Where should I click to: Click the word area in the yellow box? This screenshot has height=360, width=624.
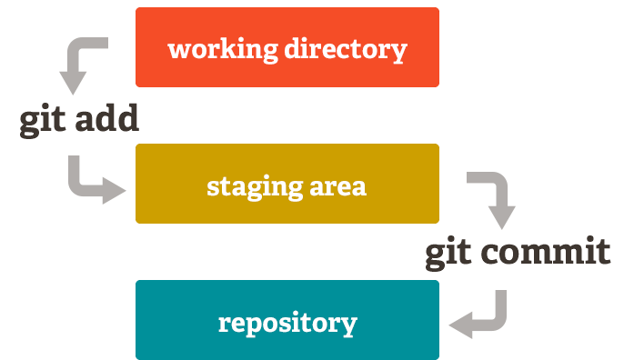pos(338,187)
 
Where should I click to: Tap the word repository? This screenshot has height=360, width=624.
pos(287,324)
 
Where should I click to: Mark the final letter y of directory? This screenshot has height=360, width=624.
pos(398,51)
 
